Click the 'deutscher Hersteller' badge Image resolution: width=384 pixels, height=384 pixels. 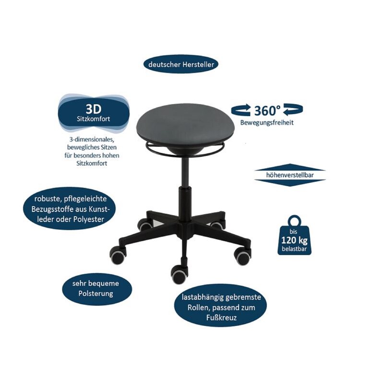(181, 64)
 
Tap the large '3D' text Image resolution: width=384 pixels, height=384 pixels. (94, 107)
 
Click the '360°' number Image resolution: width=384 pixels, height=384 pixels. (267, 110)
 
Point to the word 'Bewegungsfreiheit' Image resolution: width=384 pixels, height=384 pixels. (267, 122)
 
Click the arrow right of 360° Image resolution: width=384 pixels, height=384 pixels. (293, 110)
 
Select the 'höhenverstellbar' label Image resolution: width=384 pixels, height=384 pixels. (290, 176)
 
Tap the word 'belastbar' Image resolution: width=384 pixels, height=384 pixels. (294, 249)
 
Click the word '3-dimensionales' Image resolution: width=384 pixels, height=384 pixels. (94, 139)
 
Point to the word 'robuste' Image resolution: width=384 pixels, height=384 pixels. (48, 199)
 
